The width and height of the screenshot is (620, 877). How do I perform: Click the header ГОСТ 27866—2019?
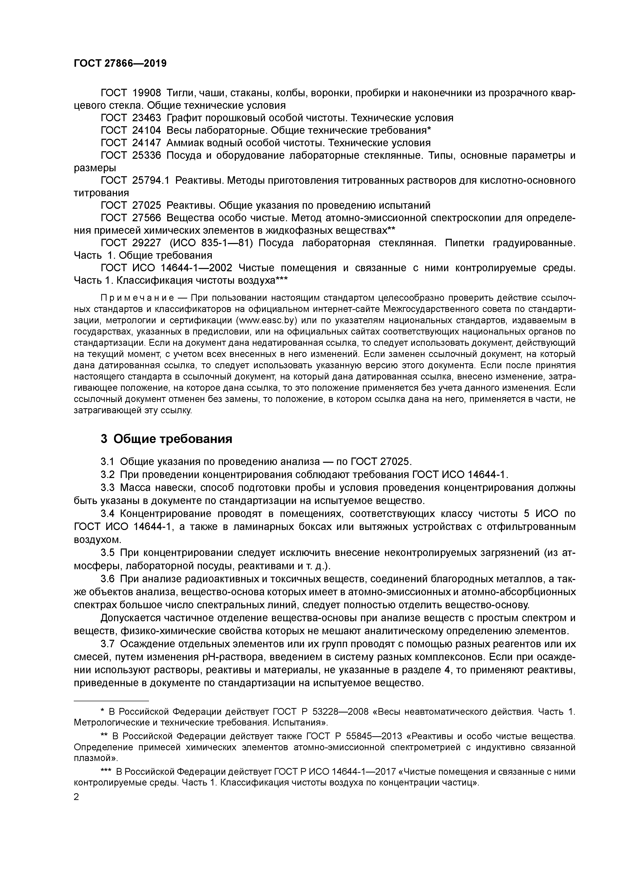120,63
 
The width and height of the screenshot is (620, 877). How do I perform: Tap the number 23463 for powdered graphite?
147,118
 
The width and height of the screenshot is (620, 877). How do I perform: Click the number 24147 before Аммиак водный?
147,143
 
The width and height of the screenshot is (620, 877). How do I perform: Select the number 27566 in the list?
147,218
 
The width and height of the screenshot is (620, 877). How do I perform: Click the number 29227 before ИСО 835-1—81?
147,243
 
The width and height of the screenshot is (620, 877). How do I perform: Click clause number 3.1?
108,461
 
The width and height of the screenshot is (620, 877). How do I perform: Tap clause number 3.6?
108,579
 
